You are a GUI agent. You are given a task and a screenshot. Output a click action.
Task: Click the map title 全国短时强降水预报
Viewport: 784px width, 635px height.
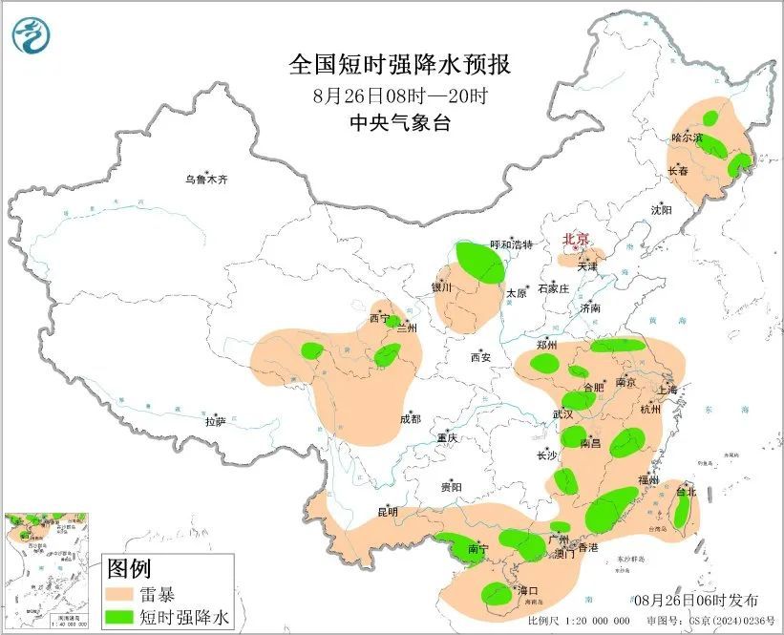[399, 65]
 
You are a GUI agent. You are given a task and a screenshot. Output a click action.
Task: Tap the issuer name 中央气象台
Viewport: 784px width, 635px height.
[399, 123]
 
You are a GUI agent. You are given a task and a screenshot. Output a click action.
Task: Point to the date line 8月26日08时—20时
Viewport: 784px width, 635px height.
[399, 95]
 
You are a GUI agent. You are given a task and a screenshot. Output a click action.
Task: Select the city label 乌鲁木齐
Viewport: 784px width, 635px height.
[207, 180]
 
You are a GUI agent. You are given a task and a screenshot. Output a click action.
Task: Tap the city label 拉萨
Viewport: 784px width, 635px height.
[216, 420]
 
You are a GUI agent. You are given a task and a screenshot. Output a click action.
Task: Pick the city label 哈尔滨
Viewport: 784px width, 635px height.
[687, 138]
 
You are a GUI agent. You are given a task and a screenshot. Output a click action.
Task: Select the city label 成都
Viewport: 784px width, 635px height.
[410, 418]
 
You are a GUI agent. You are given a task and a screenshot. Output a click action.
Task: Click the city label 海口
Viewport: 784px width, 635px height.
[527, 591]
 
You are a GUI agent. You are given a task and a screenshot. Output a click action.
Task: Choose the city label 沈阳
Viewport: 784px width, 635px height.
[662, 209]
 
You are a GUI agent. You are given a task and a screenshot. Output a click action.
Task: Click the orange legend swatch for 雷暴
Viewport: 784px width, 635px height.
[121, 594]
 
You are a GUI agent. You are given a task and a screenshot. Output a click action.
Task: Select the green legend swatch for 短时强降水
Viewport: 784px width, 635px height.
[121, 618]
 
